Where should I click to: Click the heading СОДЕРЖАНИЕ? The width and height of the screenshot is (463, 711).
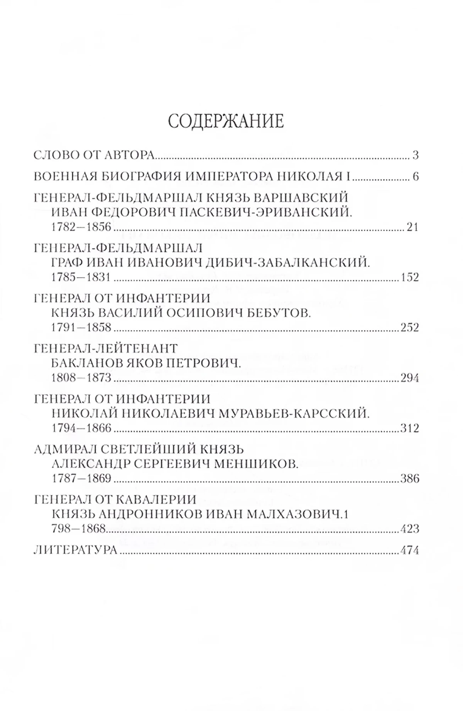226,121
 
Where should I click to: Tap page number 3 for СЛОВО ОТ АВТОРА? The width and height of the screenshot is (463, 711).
415,155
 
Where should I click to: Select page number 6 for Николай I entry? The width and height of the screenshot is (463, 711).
415,177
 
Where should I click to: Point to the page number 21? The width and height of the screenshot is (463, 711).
412,227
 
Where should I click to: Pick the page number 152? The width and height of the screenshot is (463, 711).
409,277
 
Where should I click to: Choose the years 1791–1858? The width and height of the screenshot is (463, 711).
81,328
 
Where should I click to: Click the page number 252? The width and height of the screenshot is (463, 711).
409,328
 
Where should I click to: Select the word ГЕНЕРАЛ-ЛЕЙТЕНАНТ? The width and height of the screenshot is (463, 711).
106,348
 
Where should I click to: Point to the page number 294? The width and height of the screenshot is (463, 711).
409,378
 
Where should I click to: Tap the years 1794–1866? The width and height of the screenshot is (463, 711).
81,428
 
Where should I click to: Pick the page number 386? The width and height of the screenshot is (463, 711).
409,479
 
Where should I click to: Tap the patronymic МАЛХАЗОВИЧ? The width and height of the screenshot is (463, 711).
291,514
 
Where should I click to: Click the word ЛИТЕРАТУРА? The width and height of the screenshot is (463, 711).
75,550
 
